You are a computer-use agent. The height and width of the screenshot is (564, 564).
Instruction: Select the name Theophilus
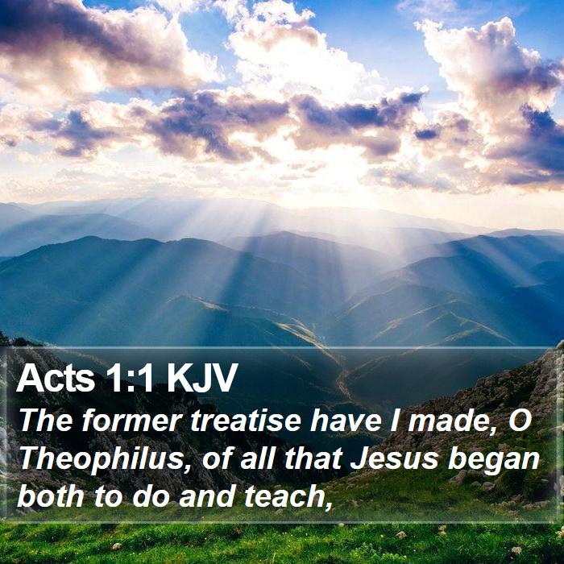click(x=102, y=460)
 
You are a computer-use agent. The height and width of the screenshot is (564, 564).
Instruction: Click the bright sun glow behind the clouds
click(x=342, y=169)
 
